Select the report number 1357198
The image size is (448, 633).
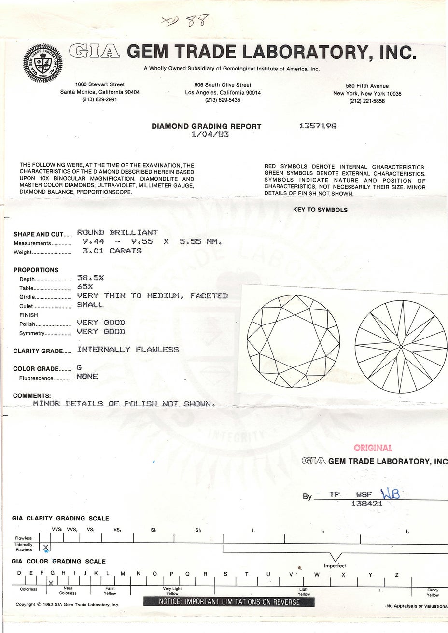click(318, 126)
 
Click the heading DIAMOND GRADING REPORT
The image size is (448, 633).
click(206, 127)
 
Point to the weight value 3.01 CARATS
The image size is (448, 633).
click(109, 251)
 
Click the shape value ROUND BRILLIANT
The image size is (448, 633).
click(117, 233)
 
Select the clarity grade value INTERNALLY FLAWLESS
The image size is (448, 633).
click(127, 349)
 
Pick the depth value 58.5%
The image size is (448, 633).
click(90, 278)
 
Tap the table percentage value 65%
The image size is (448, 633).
click(85, 286)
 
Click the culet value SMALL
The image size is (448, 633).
click(90, 305)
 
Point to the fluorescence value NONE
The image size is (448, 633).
click(87, 377)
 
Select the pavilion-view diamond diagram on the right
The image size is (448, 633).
click(401, 346)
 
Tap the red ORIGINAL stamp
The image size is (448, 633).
click(373, 448)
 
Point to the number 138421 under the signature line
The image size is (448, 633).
click(365, 503)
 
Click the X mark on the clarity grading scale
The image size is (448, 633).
click(46, 548)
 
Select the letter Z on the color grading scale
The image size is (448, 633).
click(396, 574)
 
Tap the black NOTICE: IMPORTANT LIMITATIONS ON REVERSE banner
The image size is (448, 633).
click(229, 602)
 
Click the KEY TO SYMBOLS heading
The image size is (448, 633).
click(320, 210)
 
